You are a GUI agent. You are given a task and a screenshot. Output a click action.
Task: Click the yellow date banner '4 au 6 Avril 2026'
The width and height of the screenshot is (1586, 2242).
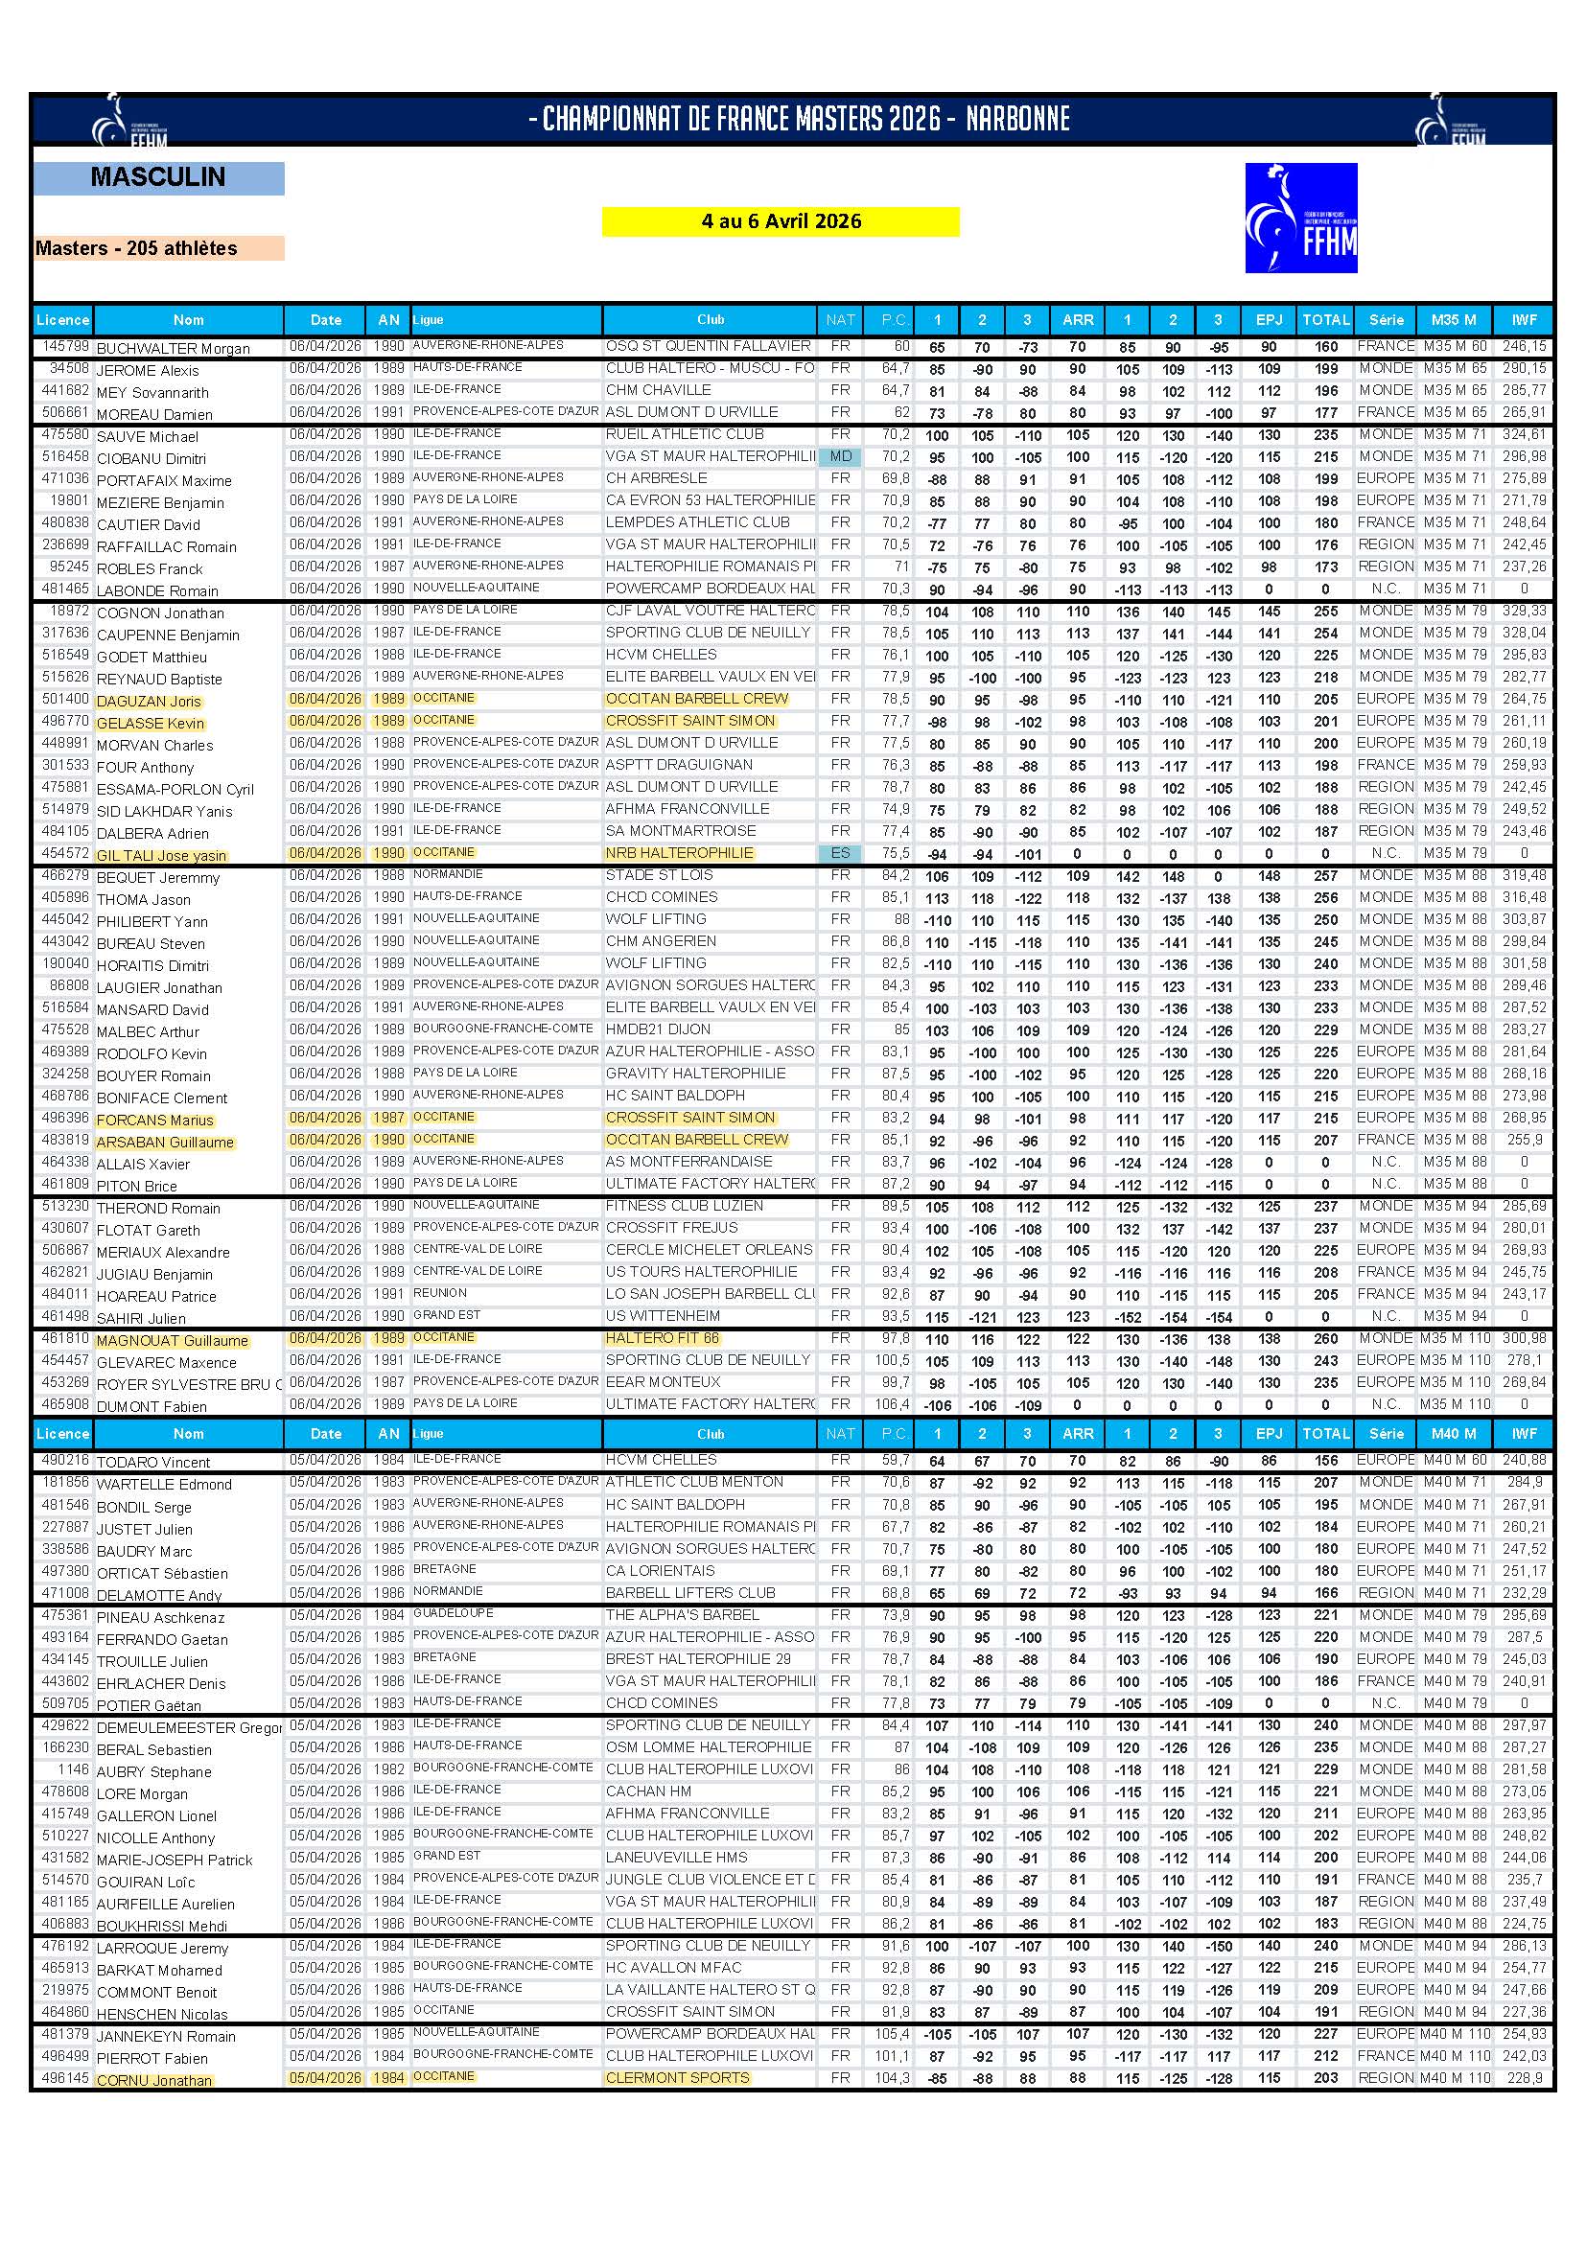pos(781,221)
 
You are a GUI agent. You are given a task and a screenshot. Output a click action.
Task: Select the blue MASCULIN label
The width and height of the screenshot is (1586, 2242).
pos(158,177)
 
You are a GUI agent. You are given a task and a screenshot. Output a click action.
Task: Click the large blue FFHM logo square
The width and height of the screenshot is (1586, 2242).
pos(1301,218)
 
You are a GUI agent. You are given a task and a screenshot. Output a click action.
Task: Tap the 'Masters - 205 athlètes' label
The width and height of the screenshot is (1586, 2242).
pos(137,248)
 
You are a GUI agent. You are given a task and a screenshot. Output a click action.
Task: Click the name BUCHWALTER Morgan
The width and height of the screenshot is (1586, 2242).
pos(173,349)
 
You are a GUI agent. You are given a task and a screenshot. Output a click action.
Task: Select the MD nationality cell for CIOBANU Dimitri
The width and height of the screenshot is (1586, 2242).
pos(840,457)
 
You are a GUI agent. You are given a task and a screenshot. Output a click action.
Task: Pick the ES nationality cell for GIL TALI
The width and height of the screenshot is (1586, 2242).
pos(840,853)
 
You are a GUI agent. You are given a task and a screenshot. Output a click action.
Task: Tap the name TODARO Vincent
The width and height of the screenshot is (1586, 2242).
pos(153,1463)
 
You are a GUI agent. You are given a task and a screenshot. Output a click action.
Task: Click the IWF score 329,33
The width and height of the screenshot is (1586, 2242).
pos(1524,612)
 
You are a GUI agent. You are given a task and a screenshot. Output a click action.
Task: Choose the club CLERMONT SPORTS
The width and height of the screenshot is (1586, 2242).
pos(677,2078)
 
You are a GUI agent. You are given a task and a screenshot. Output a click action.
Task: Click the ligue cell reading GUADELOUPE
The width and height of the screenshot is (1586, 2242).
pos(454,1613)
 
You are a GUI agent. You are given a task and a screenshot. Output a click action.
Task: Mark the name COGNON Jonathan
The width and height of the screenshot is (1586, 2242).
pos(160,613)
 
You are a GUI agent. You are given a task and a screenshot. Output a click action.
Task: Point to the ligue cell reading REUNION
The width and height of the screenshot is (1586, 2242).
pos(439,1293)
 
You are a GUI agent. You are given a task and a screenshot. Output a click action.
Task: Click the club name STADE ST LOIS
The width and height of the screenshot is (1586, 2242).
pos(659,876)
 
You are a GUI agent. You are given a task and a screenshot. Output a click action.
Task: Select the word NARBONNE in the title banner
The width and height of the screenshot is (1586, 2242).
pos(1017,120)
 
